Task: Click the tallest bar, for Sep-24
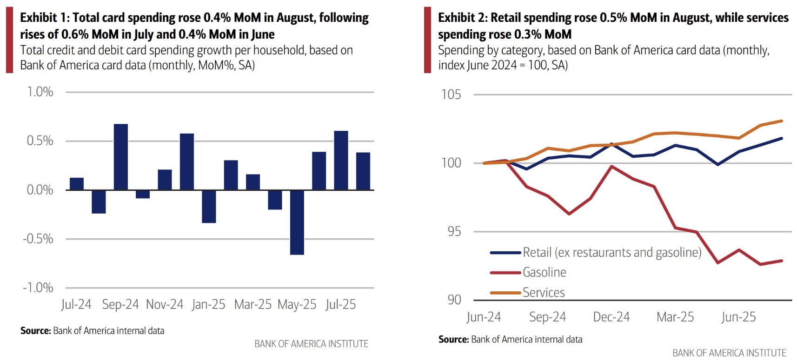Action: coord(121,157)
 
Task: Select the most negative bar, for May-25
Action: coord(297,222)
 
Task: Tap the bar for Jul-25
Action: coord(341,160)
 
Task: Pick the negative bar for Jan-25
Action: coord(209,206)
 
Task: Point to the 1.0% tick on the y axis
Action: coord(40,92)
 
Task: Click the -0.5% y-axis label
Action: coord(38,239)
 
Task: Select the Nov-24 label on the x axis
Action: coord(165,304)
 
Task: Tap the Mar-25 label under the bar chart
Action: coord(252,304)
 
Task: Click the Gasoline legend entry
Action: coord(544,272)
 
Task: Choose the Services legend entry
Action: coord(543,292)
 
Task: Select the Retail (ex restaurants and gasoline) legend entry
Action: coord(611,252)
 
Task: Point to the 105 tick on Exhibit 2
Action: coord(451,94)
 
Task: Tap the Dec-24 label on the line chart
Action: coord(611,317)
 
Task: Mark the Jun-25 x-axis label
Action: coord(738,317)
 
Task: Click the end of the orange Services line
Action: coord(782,121)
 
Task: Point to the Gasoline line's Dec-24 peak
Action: coord(611,166)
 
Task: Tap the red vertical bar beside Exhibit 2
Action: coord(427,40)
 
